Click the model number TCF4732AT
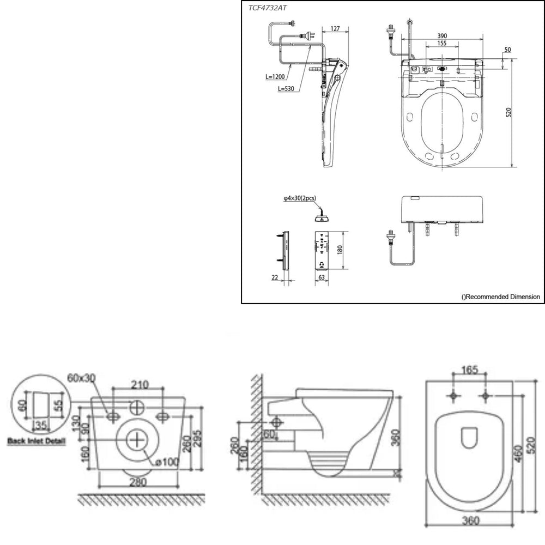pos(269,9)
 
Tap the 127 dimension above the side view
pos(335,28)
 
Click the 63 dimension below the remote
pos(323,277)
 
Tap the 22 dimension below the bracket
pos(275,277)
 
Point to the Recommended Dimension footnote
pos(500,296)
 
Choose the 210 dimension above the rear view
pos(140,385)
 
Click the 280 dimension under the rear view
pos(139,482)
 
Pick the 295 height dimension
pos(198,437)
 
